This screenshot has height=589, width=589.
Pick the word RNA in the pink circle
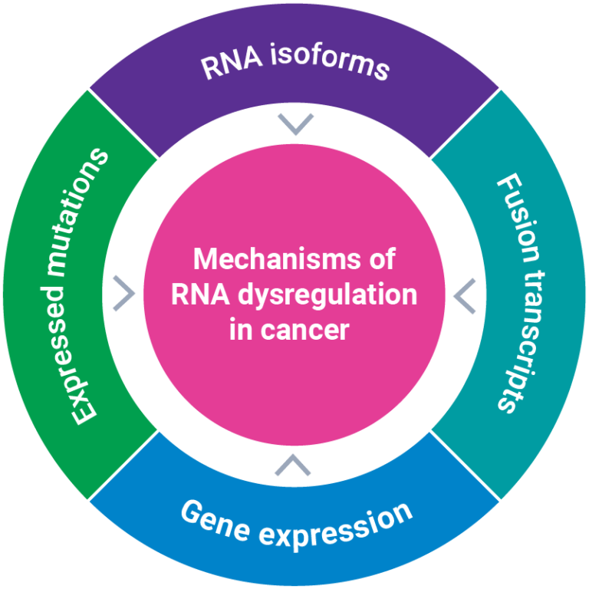pos(198,294)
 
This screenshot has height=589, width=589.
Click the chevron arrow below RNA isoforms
pos(295,123)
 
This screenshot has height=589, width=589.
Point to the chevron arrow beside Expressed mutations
pos(123,294)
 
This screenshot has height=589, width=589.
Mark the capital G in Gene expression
pos(192,511)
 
